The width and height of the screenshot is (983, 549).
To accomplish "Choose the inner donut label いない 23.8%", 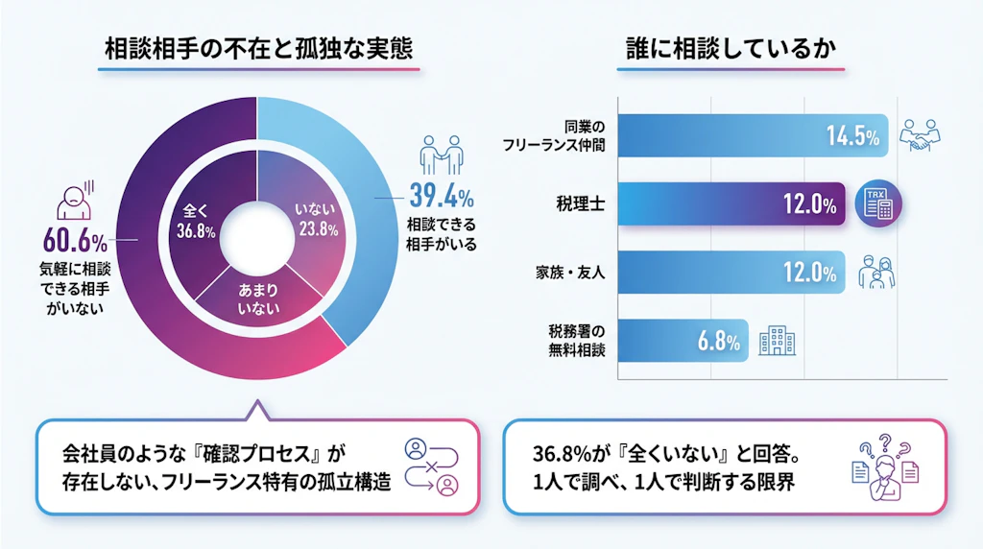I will pos(316,220).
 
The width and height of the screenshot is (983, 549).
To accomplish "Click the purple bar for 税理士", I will pos(730,203).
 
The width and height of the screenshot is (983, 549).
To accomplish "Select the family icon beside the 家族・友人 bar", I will pos(877,272).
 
